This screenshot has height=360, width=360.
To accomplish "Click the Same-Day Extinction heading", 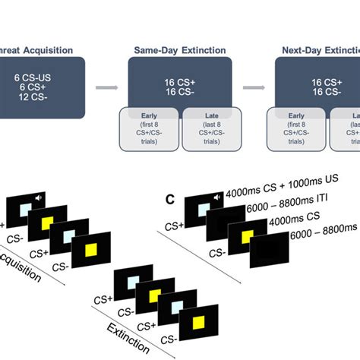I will [180, 50].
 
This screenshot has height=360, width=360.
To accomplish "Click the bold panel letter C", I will [171, 200].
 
